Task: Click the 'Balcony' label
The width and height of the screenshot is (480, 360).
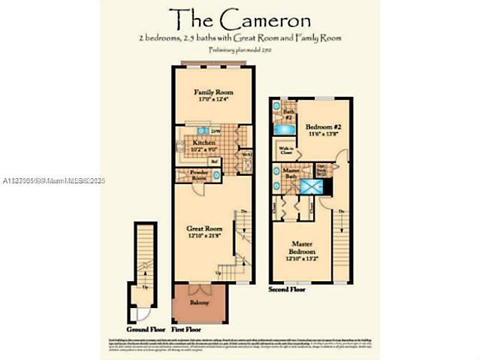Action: coord(199,302)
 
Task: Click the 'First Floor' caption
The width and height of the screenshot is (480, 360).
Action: coord(188,329)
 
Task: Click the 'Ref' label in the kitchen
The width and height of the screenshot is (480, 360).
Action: coord(214,161)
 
